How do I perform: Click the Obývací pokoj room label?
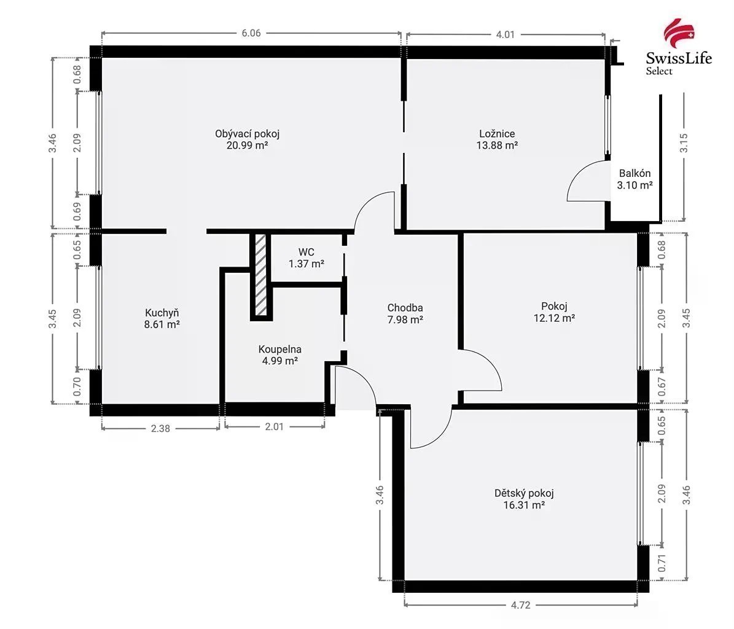click(x=247, y=134)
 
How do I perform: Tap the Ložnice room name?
click(x=497, y=134)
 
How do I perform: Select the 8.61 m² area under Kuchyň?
click(x=162, y=324)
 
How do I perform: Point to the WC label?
click(x=306, y=252)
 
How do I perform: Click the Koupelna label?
click(x=280, y=349)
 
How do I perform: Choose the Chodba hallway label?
click(x=405, y=308)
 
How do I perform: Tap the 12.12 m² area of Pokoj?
click(x=554, y=318)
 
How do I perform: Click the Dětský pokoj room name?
click(x=524, y=493)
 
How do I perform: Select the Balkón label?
click(x=634, y=173)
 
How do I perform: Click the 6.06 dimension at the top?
click(x=251, y=33)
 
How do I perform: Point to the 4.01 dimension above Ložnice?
click(x=505, y=34)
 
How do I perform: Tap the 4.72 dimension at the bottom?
click(x=520, y=605)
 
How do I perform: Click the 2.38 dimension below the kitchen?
click(x=160, y=428)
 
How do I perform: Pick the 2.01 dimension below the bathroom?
click(x=275, y=427)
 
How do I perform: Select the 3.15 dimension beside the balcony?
click(x=684, y=143)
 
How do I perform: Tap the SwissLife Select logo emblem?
click(x=679, y=31)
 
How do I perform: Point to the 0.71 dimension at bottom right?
click(x=662, y=563)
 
